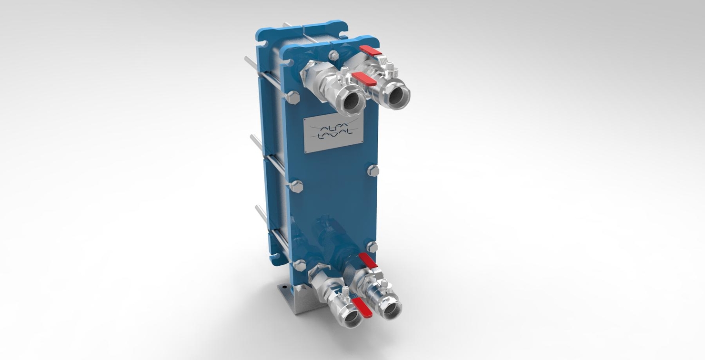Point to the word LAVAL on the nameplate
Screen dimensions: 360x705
(x=335, y=136)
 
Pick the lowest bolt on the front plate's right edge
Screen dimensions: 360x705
(x=372, y=247)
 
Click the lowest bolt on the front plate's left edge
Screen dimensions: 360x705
(x=299, y=266)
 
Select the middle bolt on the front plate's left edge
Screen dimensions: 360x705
(x=296, y=186)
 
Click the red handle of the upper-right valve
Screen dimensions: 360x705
(x=371, y=51)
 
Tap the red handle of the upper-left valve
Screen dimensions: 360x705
(x=364, y=79)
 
